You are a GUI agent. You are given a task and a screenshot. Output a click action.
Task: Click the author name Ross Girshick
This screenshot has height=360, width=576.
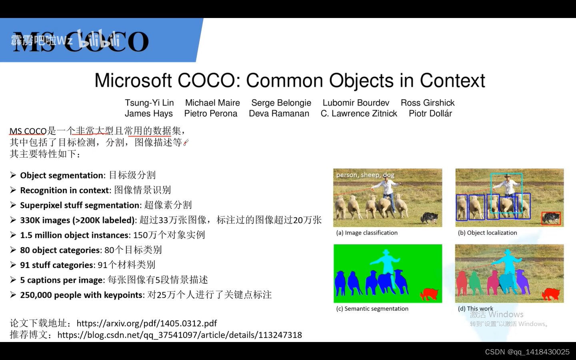(x=428, y=103)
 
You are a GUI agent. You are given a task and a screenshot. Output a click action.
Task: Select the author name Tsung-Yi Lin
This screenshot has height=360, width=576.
(x=149, y=103)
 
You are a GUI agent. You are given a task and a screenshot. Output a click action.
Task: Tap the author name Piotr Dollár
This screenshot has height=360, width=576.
(x=430, y=114)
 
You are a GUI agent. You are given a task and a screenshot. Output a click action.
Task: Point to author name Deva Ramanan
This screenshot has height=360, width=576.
(x=279, y=114)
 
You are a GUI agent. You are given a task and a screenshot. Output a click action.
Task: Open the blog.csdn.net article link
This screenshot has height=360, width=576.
(x=180, y=335)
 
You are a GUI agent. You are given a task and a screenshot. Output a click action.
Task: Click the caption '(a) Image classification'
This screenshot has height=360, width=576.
(x=367, y=233)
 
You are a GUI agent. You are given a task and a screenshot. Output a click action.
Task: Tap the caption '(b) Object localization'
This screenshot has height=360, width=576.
(x=487, y=233)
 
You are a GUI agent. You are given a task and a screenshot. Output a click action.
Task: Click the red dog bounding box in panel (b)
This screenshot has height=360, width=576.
(x=551, y=218)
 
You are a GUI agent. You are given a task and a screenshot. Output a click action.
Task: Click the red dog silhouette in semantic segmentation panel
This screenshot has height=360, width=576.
(x=429, y=294)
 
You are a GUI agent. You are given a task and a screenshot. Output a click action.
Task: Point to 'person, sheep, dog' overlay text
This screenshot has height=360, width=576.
(x=365, y=175)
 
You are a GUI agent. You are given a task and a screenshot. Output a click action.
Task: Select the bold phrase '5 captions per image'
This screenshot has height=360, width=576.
(x=62, y=280)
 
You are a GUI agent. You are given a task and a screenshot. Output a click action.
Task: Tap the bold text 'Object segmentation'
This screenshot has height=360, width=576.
(x=62, y=176)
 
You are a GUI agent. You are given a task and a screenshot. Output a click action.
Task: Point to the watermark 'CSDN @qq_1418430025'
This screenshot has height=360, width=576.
(x=527, y=352)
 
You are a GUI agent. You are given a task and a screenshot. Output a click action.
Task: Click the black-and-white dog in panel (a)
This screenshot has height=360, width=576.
(x=429, y=218)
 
